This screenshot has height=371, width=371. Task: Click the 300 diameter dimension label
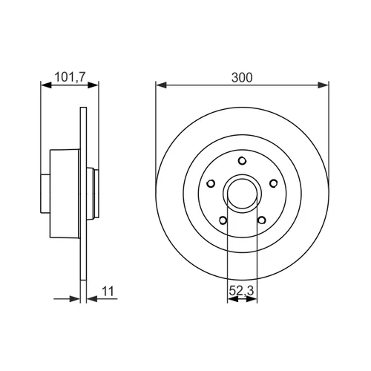pyautogui.click(x=242, y=77)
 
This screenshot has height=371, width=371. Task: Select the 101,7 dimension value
pyautogui.click(x=70, y=77)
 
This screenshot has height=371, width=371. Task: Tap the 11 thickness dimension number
pyautogui.click(x=108, y=292)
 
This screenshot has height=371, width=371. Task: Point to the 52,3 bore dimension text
pyautogui.click(x=241, y=291)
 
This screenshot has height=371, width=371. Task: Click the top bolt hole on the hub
pyautogui.click(x=242, y=161)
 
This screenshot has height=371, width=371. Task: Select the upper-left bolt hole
pyautogui.click(x=211, y=183)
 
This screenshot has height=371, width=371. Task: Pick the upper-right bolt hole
pyautogui.click(x=273, y=183)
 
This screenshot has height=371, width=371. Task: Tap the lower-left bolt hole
pyautogui.click(x=223, y=220)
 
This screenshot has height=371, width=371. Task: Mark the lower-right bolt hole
pyautogui.click(x=262, y=220)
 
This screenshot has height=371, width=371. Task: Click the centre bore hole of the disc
pyautogui.click(x=242, y=194)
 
